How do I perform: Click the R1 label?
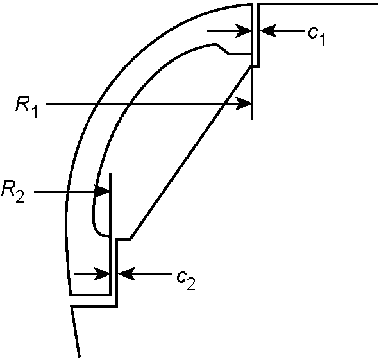point(26,108)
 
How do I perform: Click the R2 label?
point(13,192)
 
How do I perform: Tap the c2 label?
point(186,280)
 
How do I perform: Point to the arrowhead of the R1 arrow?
point(244,103)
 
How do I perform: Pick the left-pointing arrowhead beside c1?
point(268,31)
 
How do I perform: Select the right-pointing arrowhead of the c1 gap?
point(244,31)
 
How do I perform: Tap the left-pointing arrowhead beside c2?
point(126,274)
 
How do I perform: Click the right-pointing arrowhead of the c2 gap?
point(102,274)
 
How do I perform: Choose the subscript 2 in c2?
point(191,284)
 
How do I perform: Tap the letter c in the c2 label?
point(181,277)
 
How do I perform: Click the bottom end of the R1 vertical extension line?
point(252,119)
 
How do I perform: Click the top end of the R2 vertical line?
point(110,173)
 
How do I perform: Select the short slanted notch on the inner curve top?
point(222,49)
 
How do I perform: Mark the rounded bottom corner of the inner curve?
point(97,230)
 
